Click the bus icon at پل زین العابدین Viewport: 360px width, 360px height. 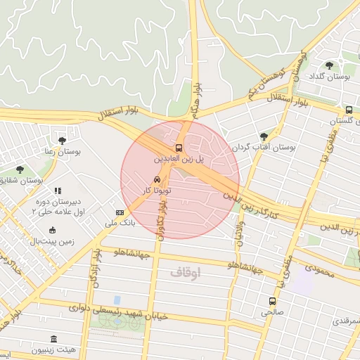179,148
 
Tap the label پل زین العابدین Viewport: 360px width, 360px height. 179,160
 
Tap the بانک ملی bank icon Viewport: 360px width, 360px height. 120,212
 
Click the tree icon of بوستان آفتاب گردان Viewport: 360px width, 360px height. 264,136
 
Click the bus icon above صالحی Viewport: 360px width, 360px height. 272,301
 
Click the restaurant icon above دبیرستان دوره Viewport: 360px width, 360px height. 58,191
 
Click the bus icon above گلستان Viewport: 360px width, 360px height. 349,110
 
